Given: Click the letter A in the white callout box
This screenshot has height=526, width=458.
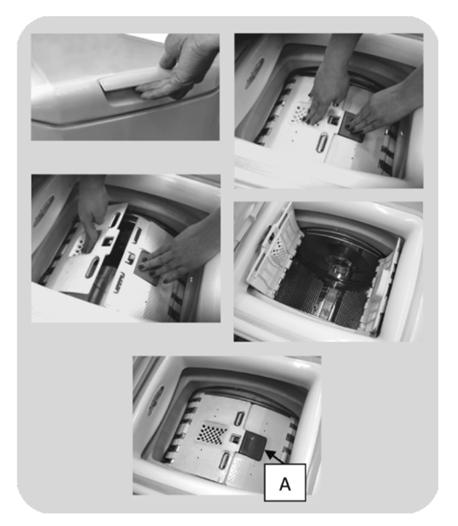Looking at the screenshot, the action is point(285,484).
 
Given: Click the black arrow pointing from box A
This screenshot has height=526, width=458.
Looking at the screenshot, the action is point(275,457).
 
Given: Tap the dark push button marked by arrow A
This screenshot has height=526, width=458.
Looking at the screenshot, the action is point(254,445).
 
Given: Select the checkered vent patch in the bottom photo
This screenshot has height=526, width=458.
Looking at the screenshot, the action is point(211,432).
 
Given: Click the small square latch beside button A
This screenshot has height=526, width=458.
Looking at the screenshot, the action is point(235,439).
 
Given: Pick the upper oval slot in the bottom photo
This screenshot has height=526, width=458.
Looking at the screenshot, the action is point(239,418).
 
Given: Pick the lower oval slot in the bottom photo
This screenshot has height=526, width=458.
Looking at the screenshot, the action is point(223,460).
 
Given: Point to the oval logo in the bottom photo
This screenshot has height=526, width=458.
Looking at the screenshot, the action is point(156,400).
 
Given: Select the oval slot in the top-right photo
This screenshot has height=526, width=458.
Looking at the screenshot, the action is point(321,143).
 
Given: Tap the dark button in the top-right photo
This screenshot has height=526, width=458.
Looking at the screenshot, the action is point(351,127).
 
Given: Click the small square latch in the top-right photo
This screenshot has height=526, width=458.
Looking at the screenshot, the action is point(334,119).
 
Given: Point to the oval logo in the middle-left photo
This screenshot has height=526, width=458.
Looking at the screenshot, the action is point(43,211).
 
